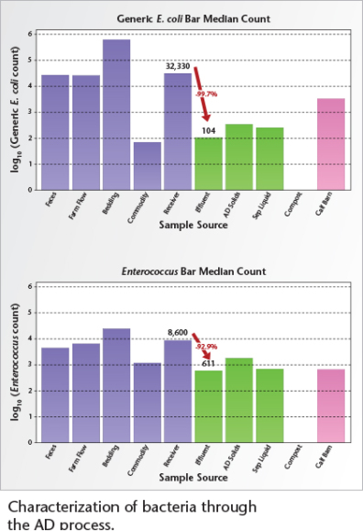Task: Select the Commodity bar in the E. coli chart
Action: click(147, 166)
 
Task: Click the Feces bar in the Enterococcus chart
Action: click(55, 394)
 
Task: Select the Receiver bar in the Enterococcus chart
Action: click(178, 391)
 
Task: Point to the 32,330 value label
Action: click(177, 67)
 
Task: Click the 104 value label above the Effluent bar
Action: click(208, 131)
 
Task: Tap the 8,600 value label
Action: click(177, 333)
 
